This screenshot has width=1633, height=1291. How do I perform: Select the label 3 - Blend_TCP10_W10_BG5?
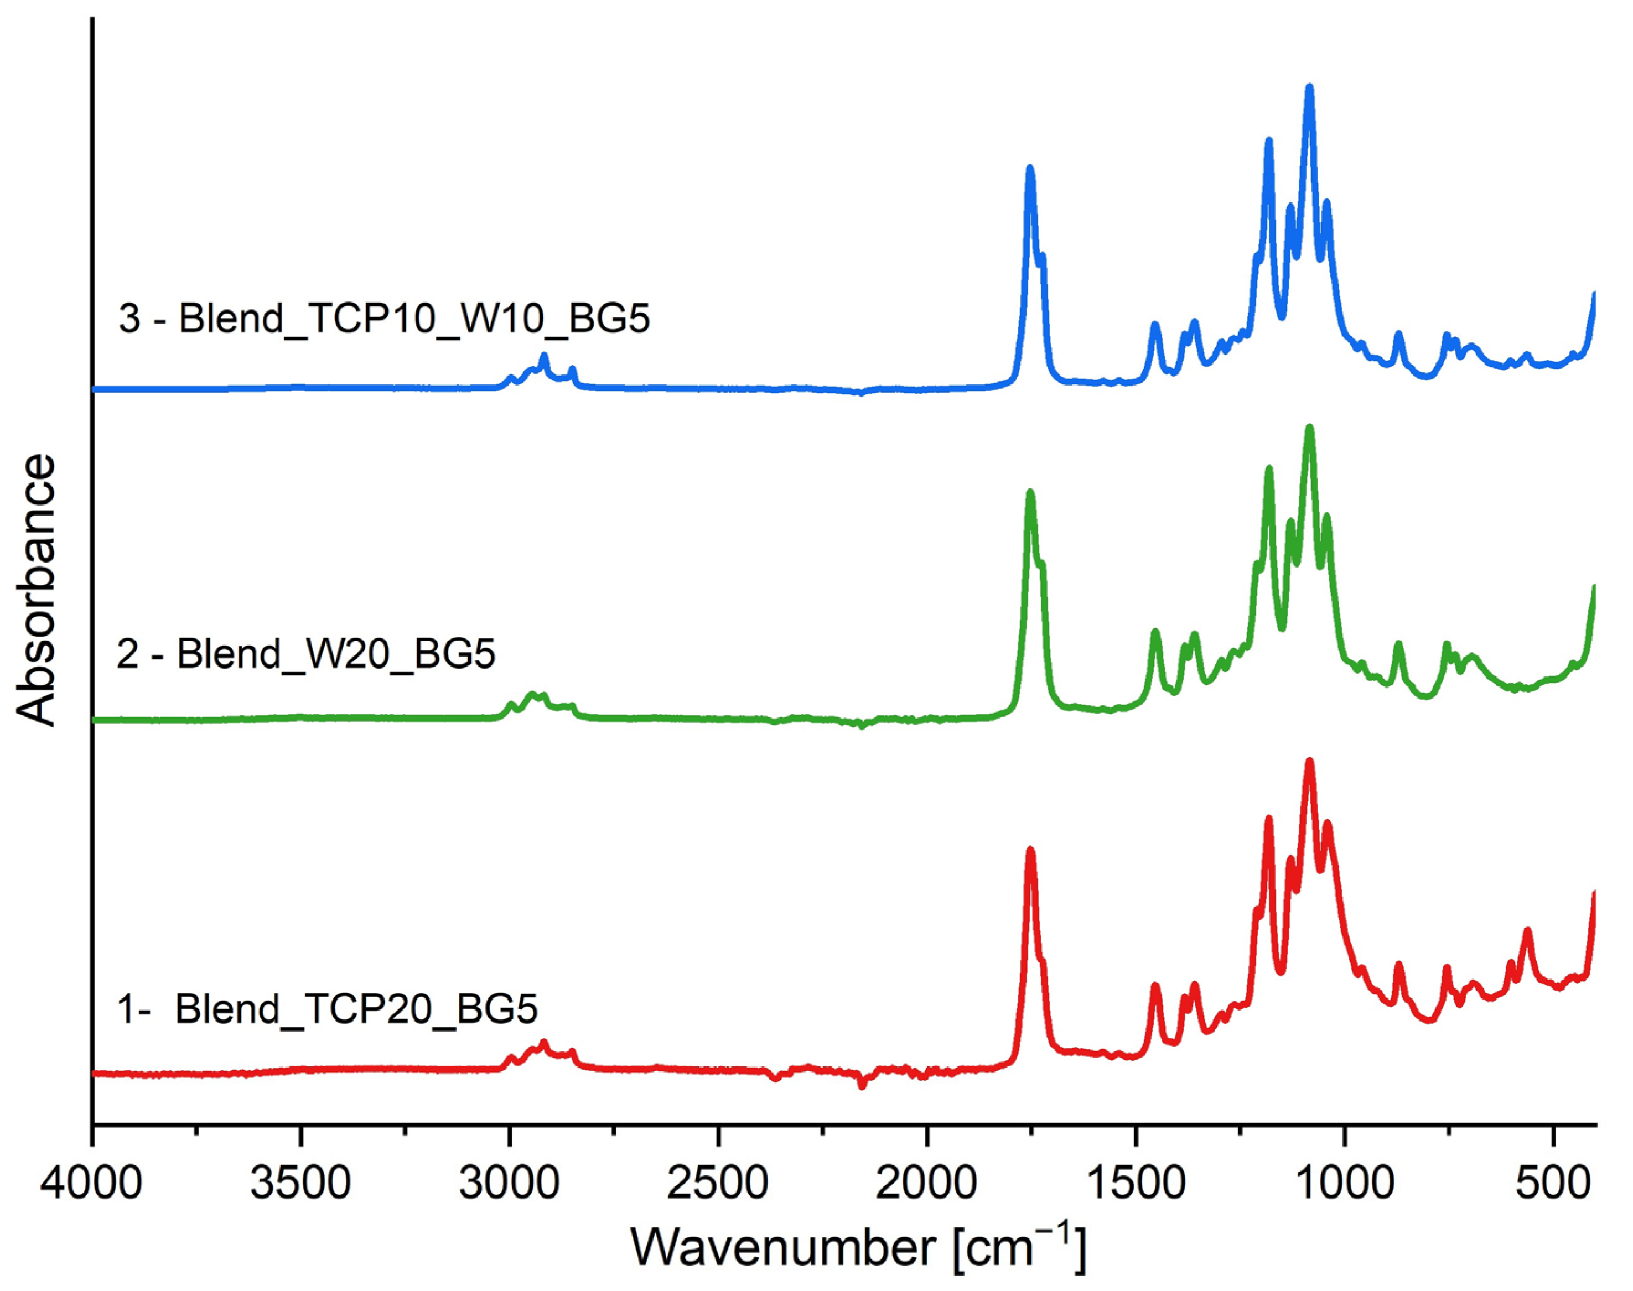point(384,319)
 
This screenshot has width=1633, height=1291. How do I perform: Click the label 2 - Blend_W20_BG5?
point(305,654)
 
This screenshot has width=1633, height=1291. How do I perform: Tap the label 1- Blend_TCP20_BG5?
point(328,1009)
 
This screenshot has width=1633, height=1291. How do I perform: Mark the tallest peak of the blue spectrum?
point(1309,88)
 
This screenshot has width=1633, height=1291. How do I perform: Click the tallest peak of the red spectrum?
point(1309,762)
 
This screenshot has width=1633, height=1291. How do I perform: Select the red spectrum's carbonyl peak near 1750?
point(1029,851)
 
